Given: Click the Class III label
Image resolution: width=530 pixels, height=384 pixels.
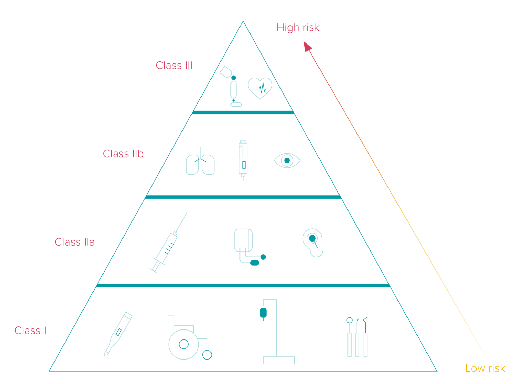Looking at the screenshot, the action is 174,65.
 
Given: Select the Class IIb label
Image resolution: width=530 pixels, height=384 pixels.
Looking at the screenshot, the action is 123,154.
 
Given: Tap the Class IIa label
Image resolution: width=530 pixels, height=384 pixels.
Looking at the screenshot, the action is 75,242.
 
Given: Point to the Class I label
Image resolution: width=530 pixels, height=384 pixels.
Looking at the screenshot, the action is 30,331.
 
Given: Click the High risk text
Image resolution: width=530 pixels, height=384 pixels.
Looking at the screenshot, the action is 298,28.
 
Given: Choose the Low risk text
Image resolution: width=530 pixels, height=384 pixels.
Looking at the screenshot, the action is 485,368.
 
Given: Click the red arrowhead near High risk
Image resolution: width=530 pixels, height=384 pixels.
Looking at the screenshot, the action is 307,46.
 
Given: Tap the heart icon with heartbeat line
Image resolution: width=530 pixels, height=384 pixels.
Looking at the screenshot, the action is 260,88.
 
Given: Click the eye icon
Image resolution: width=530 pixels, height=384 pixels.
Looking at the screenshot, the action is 287,161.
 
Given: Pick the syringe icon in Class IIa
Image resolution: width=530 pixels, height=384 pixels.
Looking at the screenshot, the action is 168,243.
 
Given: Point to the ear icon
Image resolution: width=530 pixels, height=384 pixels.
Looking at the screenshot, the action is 313,243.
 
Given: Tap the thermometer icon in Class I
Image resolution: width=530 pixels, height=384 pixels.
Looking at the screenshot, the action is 118,334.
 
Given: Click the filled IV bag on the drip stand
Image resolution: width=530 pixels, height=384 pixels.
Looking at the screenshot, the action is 263,313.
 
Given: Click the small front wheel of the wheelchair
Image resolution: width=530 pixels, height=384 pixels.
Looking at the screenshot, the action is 207,355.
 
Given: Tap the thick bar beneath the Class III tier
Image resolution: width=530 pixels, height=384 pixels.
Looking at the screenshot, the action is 243,112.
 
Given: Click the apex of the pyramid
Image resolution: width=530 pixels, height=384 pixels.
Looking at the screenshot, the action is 243,21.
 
